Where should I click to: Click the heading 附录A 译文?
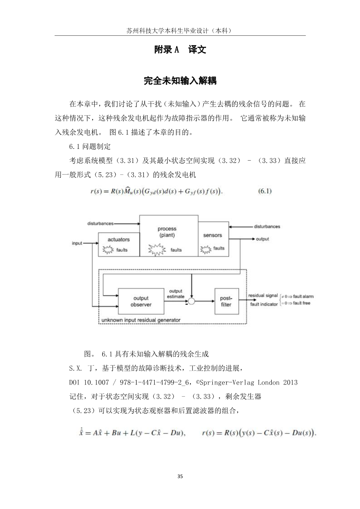180,50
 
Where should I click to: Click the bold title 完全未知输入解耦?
180,81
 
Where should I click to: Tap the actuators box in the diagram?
118,245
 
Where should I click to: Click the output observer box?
141,301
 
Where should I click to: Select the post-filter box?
226,301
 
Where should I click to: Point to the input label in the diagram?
77,243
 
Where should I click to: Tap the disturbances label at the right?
267,226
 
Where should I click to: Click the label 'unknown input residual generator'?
141,320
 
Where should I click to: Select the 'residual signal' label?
263,296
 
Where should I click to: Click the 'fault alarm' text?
303,296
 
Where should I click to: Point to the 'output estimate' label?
175,294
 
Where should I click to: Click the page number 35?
180,476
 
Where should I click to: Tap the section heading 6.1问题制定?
90,147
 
